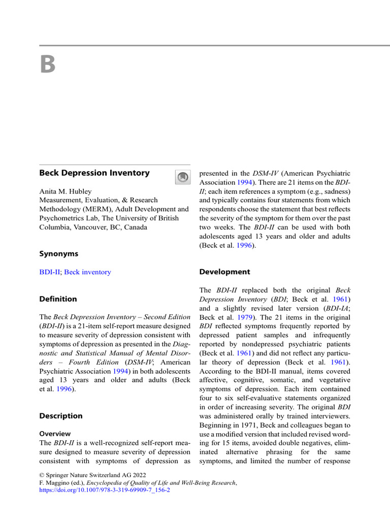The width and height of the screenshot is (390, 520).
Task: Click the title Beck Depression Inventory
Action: click(94, 173)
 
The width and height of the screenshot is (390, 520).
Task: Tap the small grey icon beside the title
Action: click(182, 177)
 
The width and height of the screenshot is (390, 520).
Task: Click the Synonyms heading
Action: click(58, 253)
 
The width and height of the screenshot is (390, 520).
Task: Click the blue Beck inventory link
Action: click(87, 272)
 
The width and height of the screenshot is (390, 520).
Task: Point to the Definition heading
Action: click(58, 299)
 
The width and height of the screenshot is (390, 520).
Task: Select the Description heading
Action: click(60, 416)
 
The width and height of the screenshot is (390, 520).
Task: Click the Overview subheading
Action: click(55, 434)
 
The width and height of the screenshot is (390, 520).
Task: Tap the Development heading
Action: click(224, 272)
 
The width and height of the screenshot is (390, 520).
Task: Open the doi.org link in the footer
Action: click(105, 491)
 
